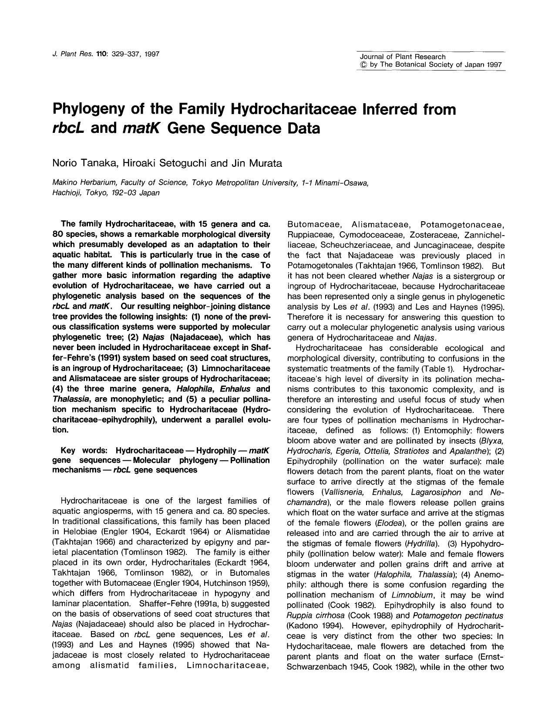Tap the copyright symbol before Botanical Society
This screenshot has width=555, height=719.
point(363,65)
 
